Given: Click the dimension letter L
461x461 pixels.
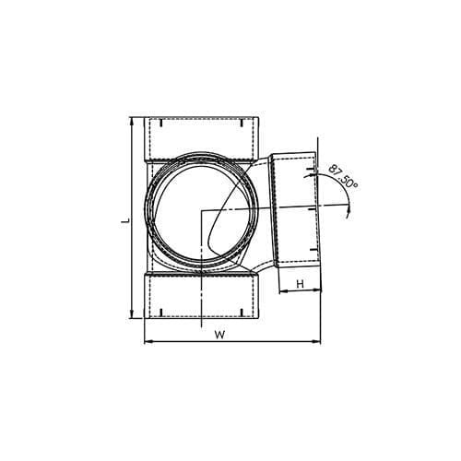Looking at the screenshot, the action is coord(125,220).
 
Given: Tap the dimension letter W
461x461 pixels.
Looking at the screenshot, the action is coord(219,335).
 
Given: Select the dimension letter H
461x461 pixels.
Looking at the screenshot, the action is coord(301,284).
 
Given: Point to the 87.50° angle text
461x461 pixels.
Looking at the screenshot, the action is coord(343,177).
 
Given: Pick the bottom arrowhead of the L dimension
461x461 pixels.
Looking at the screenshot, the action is coord(132,314).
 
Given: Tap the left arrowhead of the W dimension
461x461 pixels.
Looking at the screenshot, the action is coord(148,341).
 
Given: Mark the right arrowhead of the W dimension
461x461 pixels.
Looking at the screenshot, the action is coord(316,341).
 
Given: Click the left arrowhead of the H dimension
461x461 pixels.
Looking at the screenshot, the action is coord(282,291).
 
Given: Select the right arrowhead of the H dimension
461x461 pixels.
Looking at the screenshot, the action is coord(316,290).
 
